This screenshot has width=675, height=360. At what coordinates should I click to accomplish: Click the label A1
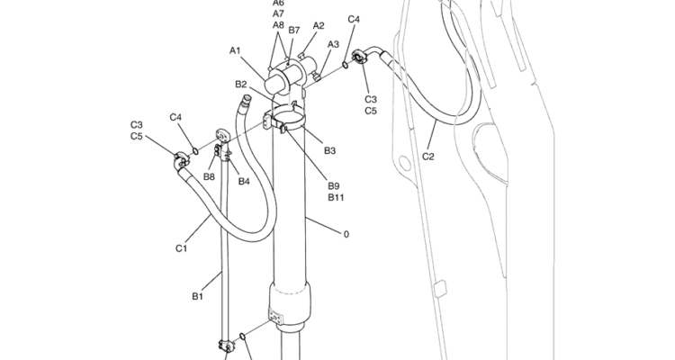[235, 50]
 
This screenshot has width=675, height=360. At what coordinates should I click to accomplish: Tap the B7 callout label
[294, 30]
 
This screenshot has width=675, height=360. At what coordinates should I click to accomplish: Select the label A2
[319, 25]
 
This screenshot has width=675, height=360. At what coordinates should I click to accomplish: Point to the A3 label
[333, 44]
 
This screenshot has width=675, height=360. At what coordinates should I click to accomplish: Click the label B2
[241, 84]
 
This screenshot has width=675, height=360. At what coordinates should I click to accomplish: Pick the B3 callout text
[329, 150]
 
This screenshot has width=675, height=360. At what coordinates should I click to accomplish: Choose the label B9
[334, 186]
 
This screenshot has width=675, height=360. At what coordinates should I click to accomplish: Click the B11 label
[336, 197]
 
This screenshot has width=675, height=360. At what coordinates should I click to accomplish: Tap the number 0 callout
[346, 234]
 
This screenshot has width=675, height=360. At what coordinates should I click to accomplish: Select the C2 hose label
[427, 157]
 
